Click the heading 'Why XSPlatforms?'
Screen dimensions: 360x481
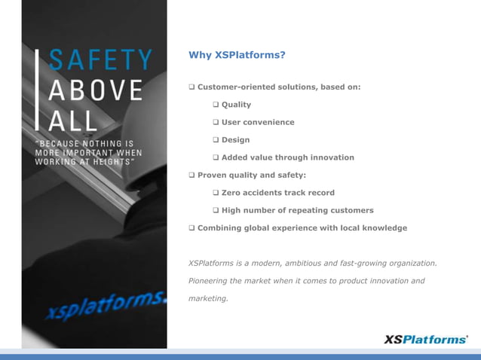(x=237, y=55)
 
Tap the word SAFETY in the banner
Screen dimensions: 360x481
(x=100, y=60)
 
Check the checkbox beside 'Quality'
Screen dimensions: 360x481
(x=216, y=105)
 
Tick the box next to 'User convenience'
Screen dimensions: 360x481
(x=216, y=122)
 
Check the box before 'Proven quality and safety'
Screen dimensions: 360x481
(x=191, y=175)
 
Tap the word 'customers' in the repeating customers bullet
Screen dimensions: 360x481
(x=351, y=210)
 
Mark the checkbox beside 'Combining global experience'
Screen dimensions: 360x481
(x=191, y=227)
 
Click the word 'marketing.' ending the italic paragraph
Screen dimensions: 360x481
(x=207, y=298)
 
